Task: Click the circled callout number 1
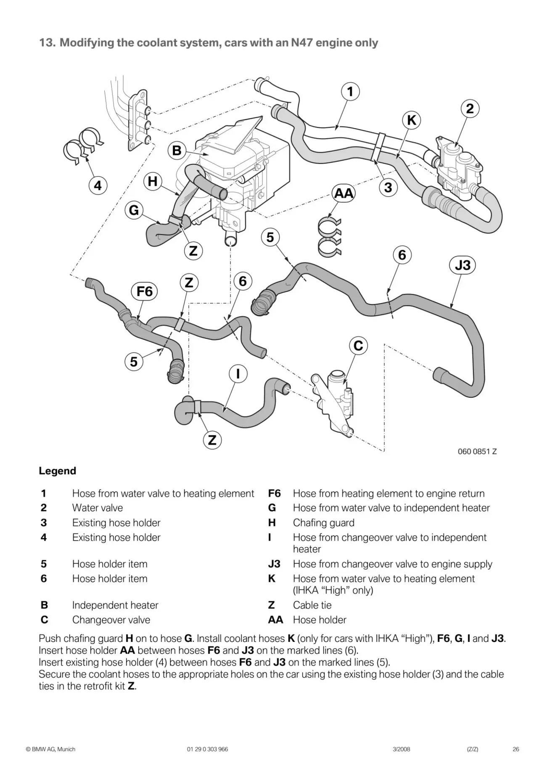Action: click(350, 91)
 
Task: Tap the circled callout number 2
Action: click(470, 109)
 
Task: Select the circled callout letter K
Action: click(411, 120)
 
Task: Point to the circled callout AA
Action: click(344, 193)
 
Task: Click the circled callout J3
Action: click(463, 265)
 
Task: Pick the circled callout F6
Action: click(144, 291)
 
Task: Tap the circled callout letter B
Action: click(177, 151)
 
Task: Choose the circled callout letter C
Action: click(358, 346)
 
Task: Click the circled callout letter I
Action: click(238, 374)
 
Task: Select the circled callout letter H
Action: click(153, 182)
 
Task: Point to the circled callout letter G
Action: click(134, 210)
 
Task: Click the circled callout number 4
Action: click(98, 185)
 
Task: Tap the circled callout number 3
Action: click(388, 187)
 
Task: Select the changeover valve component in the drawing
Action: click(334, 401)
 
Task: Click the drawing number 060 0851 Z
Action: click(477, 452)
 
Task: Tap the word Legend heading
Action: click(58, 471)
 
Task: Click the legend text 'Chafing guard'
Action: click(323, 523)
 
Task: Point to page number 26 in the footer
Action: click(516, 749)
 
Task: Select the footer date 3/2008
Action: click(401, 749)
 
